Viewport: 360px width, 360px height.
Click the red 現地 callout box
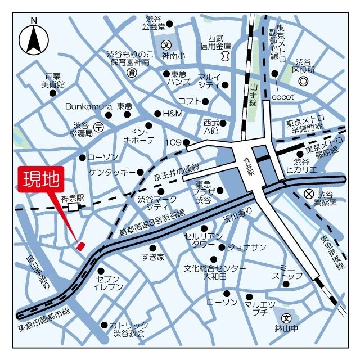[41, 179]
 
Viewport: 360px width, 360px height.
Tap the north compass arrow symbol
[33, 39]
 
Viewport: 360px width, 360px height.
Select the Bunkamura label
[89, 106]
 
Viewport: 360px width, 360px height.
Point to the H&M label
[173, 113]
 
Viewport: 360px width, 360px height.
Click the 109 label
[173, 142]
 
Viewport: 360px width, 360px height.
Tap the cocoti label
[284, 96]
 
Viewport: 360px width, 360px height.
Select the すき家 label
[152, 257]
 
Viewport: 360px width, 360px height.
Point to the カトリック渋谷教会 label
[129, 329]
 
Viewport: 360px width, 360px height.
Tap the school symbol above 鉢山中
[287, 318]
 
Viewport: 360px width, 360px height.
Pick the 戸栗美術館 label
[53, 80]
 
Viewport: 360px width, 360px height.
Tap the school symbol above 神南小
[166, 44]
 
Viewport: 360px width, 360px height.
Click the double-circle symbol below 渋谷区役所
[303, 82]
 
